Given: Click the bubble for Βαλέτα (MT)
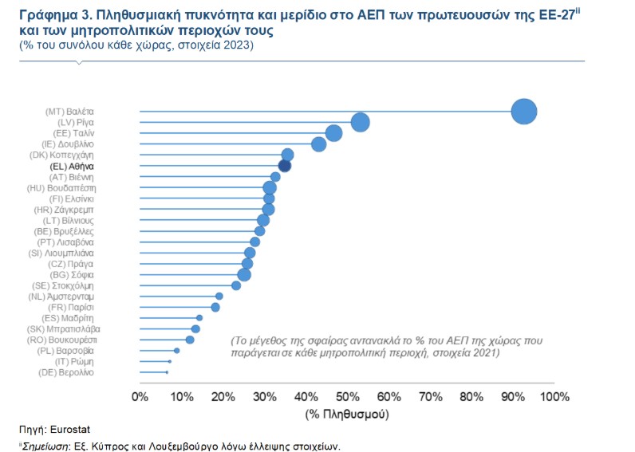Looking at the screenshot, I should [523, 112].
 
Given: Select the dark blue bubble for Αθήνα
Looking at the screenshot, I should [284, 166].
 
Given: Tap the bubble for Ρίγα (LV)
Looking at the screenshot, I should [360, 122].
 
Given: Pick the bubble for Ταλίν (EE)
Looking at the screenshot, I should [333, 133].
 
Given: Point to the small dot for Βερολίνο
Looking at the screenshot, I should [167, 372].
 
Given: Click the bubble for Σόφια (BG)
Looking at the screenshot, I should [244, 275].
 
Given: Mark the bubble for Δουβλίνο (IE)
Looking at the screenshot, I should [319, 144].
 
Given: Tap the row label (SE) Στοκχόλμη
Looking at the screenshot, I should [65, 285].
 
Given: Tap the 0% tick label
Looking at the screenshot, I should [140, 397].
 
